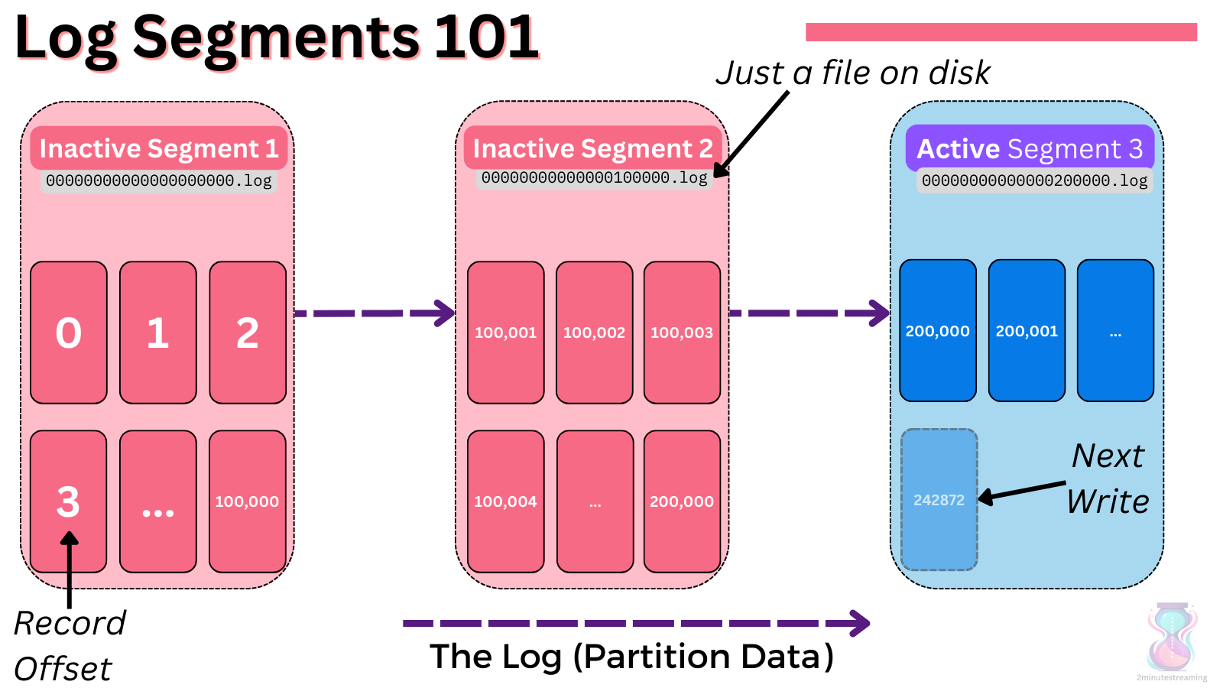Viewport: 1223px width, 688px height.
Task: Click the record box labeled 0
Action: point(69,333)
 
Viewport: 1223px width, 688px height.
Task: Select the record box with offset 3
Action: point(69,501)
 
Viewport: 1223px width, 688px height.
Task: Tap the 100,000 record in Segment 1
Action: point(247,501)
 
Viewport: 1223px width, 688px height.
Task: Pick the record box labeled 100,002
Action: point(594,333)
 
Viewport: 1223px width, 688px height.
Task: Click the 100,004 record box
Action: point(505,501)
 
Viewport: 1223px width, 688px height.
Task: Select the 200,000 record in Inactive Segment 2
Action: point(682,501)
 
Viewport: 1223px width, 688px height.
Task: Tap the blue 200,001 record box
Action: point(1027,331)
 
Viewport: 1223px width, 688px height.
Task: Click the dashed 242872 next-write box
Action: point(939,500)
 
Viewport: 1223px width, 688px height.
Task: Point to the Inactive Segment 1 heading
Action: point(159,148)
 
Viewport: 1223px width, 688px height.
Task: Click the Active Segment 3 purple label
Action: point(1030,148)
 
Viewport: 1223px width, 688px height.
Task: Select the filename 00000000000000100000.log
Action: point(594,178)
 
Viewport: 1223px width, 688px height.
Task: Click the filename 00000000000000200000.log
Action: point(1034,181)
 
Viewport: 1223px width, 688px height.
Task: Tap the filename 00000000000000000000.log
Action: point(158,181)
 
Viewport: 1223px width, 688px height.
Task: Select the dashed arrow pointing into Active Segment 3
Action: point(809,313)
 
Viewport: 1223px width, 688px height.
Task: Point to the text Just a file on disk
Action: point(853,73)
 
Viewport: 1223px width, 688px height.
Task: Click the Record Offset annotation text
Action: point(69,645)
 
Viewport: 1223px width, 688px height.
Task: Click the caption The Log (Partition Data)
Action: point(631,657)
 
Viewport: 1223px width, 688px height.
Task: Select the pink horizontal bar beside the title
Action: point(1001,32)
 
